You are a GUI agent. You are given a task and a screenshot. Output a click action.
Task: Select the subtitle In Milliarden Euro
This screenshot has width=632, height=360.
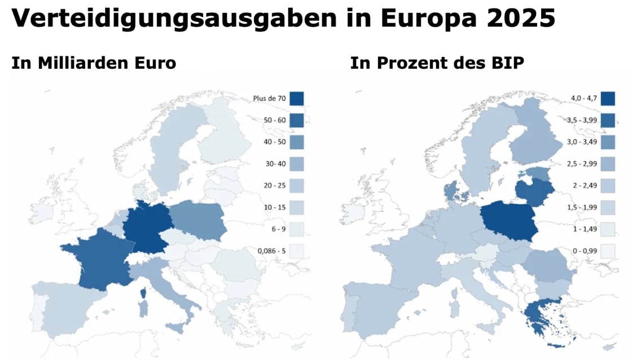tap(94, 63)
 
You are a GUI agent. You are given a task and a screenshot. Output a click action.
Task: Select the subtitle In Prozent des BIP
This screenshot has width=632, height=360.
tap(437, 63)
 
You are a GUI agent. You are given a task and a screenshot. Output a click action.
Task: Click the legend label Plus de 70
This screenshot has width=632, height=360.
tap(270, 98)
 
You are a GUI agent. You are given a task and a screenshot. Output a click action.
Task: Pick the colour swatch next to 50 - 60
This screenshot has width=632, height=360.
tap(297, 120)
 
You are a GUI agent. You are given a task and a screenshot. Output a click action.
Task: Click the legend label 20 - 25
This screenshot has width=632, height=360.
tap(274, 185)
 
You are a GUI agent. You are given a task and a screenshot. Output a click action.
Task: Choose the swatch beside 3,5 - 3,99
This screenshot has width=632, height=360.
tap(608, 120)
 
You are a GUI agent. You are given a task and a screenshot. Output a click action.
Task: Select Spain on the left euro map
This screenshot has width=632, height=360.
tap(62, 308)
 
